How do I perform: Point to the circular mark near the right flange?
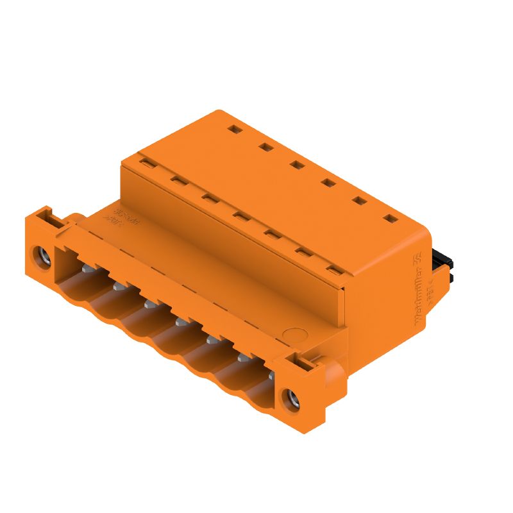click(x=295, y=336)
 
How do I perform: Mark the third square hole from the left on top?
click(x=296, y=165)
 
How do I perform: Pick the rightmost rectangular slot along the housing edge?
click(x=333, y=271)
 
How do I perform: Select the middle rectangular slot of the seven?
click(x=239, y=216)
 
